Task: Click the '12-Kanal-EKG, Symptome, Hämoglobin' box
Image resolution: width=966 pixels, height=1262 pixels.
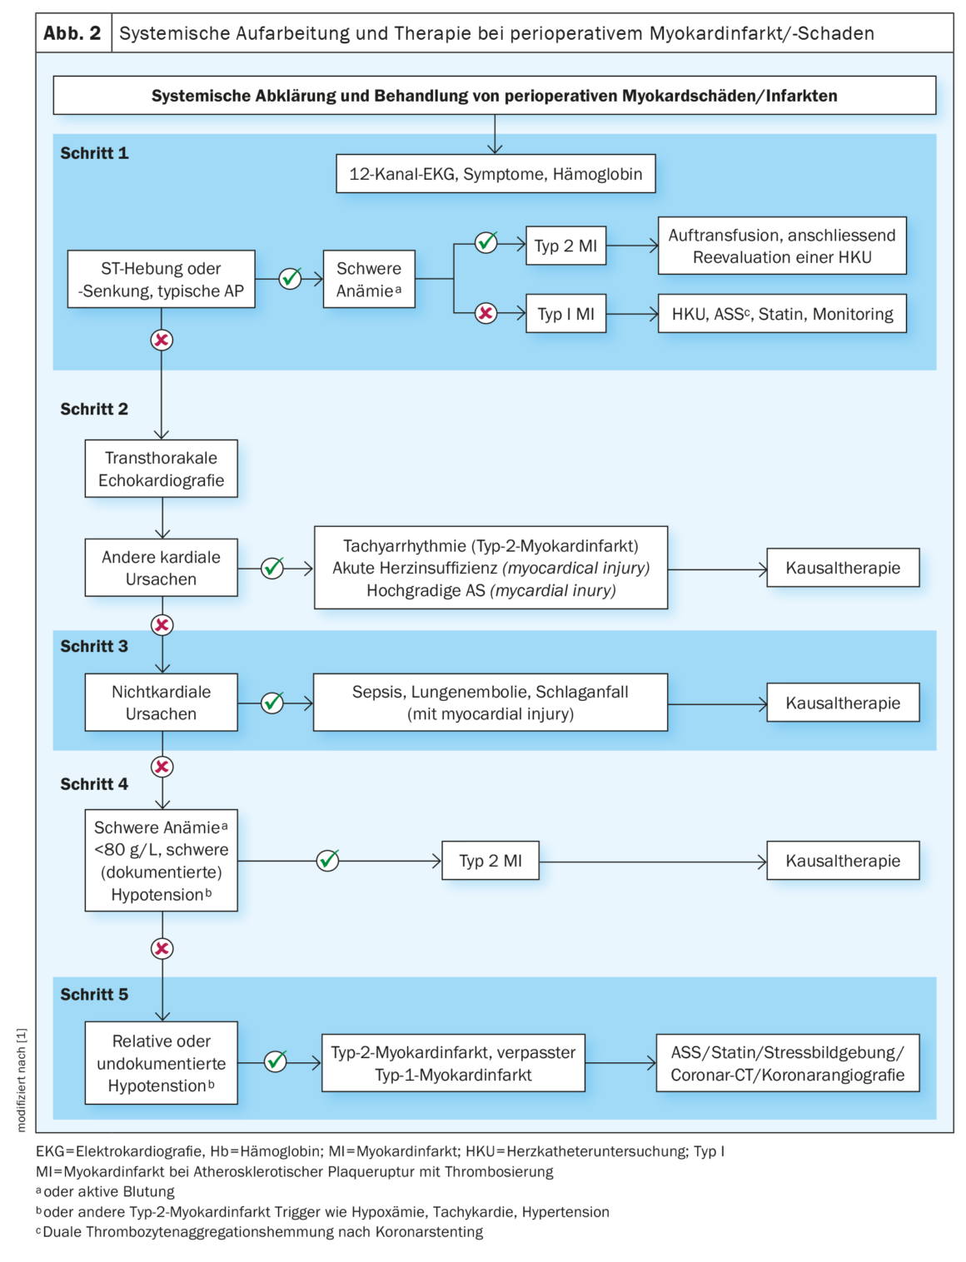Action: click(495, 174)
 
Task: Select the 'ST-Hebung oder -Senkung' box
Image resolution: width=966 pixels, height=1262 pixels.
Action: click(161, 280)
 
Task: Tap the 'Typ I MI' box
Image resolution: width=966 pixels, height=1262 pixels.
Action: click(565, 314)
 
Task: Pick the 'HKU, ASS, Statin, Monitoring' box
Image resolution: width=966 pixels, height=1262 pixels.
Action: click(782, 314)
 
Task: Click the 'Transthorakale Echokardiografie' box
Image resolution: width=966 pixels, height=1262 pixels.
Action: click(161, 469)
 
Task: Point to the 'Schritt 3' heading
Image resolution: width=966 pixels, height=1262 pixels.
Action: click(94, 646)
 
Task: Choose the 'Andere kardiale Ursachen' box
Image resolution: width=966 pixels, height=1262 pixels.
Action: click(161, 568)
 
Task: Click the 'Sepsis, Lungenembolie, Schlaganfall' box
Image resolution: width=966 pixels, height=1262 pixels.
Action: click(490, 703)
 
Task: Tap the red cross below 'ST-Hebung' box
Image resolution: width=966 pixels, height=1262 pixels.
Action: click(162, 340)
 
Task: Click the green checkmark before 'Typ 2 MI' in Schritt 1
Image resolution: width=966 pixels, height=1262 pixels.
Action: click(486, 242)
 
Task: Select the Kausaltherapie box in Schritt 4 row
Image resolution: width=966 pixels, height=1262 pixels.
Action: click(843, 861)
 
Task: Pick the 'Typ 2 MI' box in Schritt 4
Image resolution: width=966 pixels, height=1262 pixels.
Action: click(490, 861)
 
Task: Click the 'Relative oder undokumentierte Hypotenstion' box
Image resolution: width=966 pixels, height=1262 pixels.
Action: click(161, 1063)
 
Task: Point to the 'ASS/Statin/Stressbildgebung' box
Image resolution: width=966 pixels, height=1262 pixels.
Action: click(787, 1063)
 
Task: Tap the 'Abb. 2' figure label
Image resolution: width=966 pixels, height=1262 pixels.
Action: click(72, 33)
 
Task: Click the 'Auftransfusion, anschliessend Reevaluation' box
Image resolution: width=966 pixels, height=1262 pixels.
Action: click(782, 246)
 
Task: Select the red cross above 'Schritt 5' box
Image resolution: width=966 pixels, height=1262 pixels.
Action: click(162, 948)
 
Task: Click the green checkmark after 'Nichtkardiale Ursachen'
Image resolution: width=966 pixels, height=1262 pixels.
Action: click(272, 703)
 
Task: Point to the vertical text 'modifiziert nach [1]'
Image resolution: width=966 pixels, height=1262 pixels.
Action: click(22, 1080)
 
